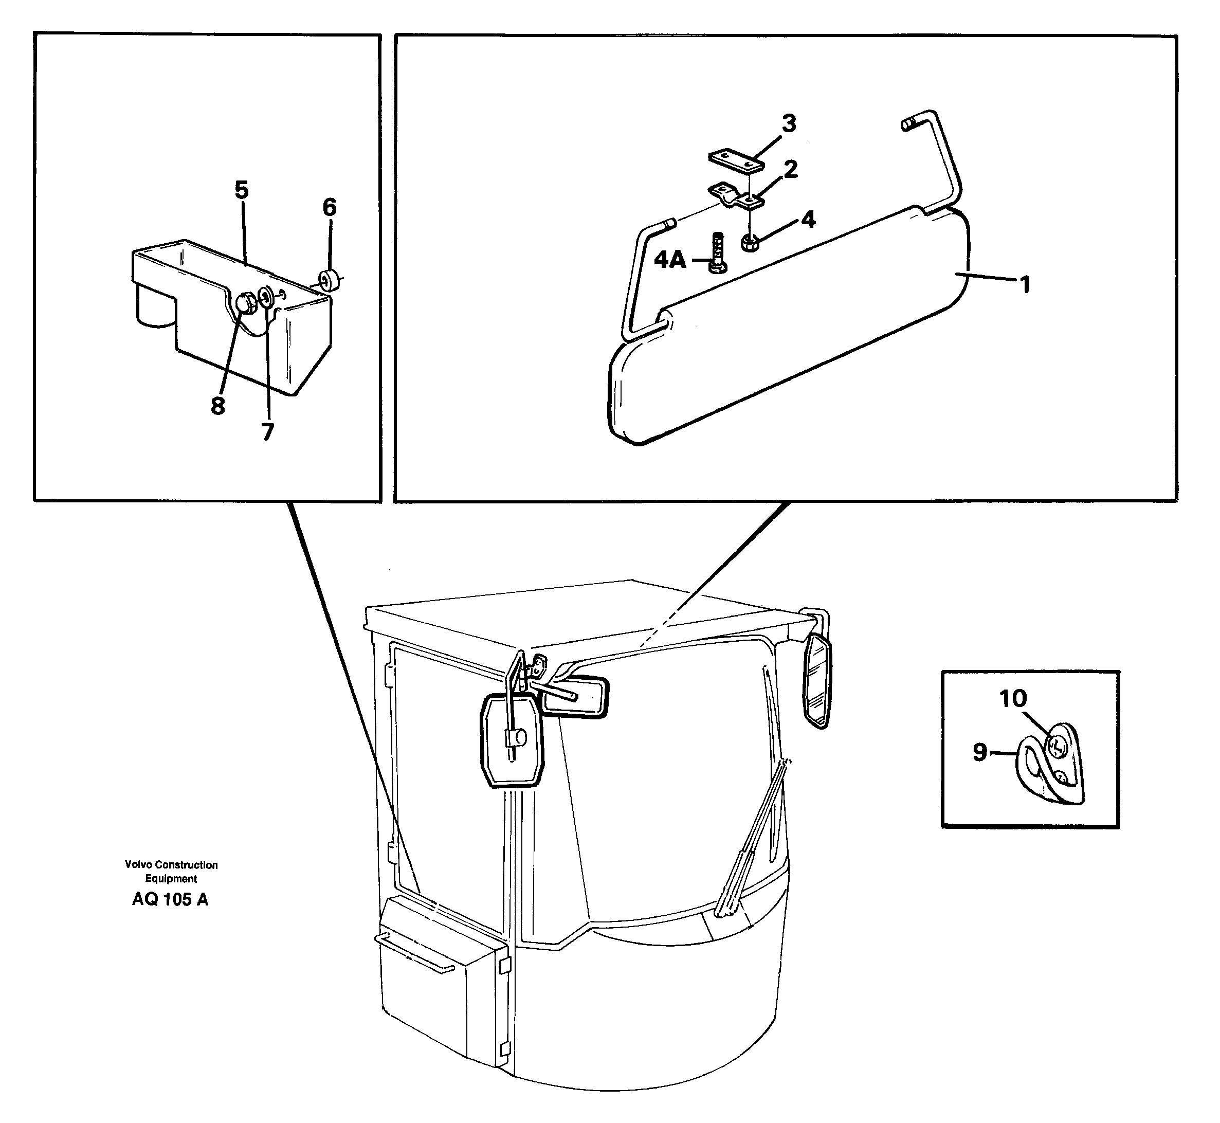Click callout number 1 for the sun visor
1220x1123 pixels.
pos(1025,284)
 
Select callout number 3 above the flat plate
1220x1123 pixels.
pos(789,124)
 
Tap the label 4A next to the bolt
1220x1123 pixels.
pos(670,261)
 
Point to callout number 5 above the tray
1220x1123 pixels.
pos(242,190)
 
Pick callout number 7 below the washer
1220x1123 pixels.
pos(267,432)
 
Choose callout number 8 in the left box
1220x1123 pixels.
pos(217,406)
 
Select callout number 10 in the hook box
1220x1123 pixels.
pos(1013,699)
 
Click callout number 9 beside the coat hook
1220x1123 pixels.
pos(980,752)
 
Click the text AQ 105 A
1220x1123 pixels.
pos(170,899)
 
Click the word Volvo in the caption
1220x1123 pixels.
pos(137,865)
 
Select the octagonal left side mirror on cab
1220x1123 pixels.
pos(512,742)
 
